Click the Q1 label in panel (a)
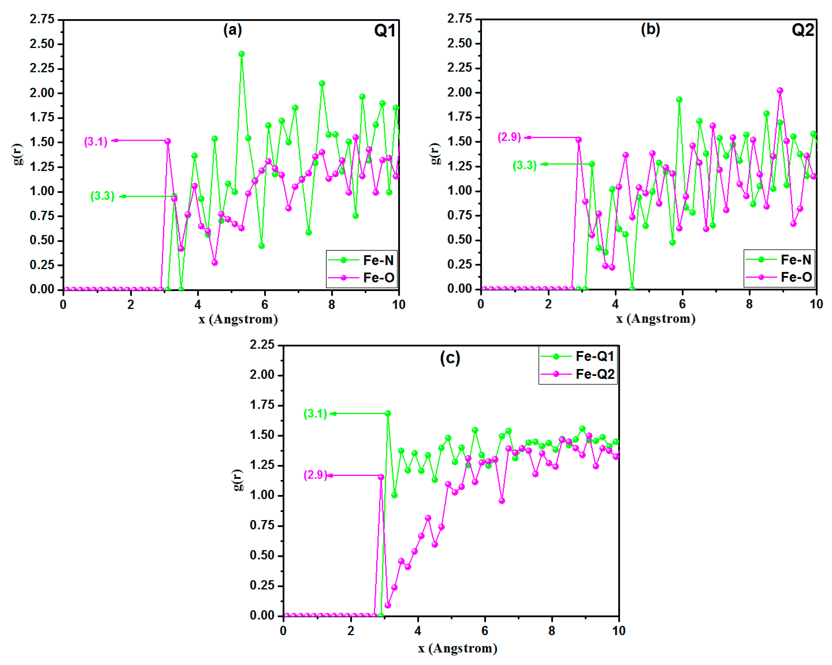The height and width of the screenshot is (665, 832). point(385,31)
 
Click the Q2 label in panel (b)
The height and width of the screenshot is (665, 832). point(803,30)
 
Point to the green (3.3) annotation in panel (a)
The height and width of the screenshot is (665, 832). point(102,196)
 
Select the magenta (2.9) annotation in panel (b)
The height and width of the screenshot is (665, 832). point(509,137)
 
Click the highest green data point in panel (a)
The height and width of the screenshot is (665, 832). point(241,54)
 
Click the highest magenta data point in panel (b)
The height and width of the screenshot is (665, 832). point(780,91)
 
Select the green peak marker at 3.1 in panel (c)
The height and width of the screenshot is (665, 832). point(388,413)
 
